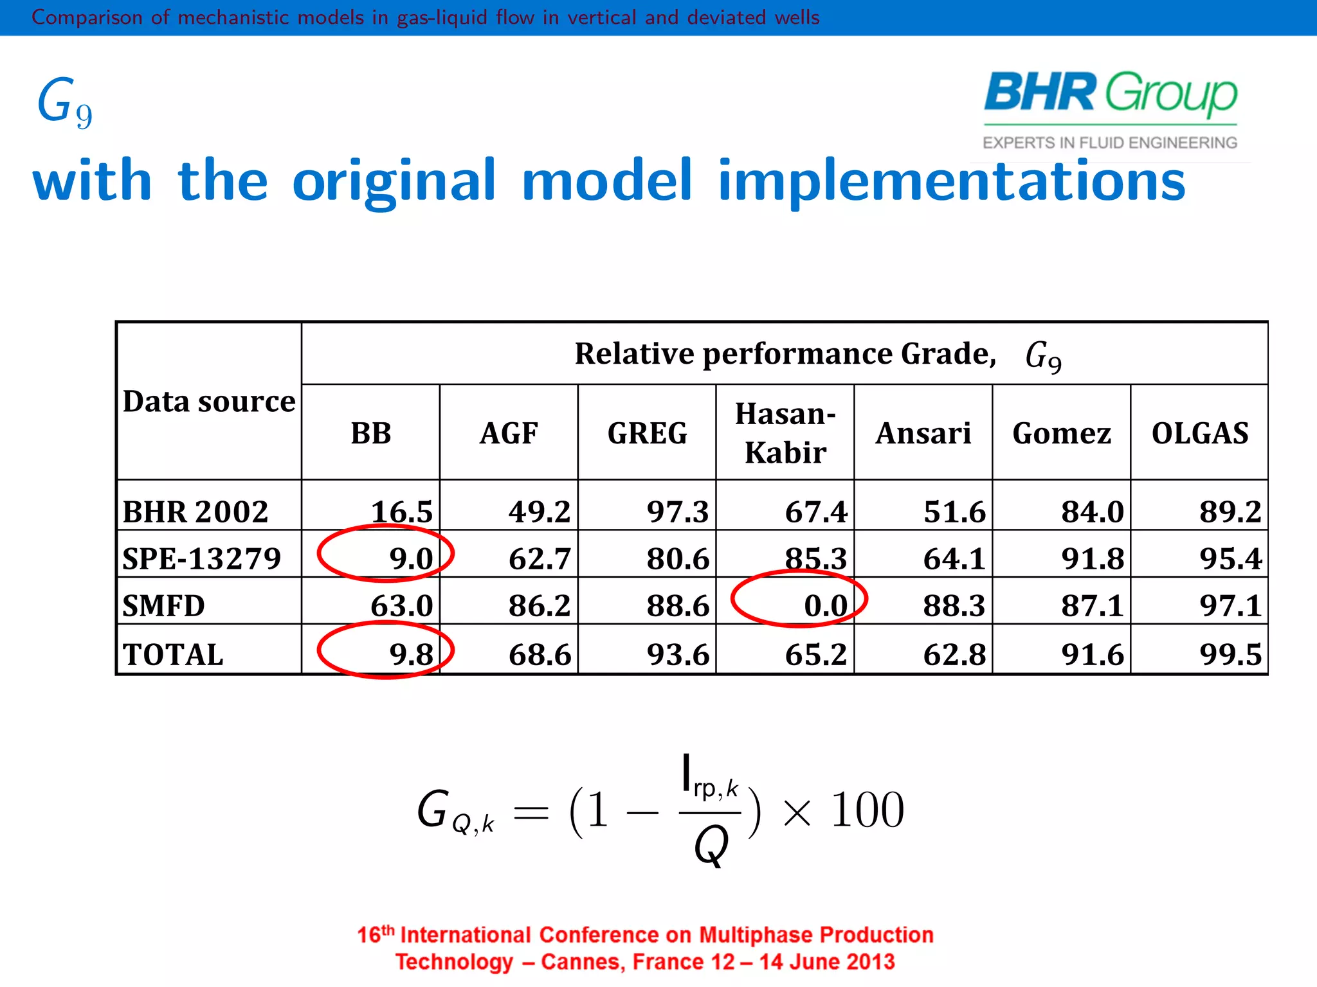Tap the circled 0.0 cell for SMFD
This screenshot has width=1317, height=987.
[825, 605]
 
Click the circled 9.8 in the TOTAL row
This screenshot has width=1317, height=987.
[410, 654]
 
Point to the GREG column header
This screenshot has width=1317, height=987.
[647, 433]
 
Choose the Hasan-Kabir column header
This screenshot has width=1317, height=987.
[785, 433]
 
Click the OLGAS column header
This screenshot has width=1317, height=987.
[1199, 433]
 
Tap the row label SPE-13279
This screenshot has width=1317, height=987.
[202, 558]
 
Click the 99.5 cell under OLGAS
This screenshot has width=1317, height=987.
[1230, 654]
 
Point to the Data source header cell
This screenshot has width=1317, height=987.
[209, 402]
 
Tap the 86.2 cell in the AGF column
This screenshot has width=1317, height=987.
[539, 605]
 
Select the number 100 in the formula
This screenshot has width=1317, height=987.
[867, 810]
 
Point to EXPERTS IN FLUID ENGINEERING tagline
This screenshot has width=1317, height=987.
[1109, 143]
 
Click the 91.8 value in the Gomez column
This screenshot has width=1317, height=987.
[1092, 558]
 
